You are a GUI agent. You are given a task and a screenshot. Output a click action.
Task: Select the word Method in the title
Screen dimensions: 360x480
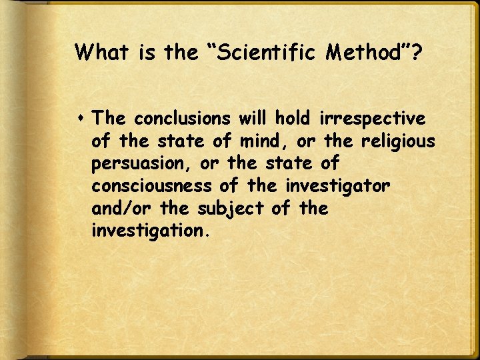click(x=359, y=53)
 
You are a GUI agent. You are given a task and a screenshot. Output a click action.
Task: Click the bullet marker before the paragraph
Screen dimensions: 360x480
click(x=81, y=119)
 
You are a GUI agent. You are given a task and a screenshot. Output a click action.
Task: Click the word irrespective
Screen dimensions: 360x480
click(x=372, y=119)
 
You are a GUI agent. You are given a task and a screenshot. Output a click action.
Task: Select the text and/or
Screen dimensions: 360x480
click(x=123, y=209)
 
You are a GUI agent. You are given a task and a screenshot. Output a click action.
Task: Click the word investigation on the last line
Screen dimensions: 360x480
click(x=148, y=232)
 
